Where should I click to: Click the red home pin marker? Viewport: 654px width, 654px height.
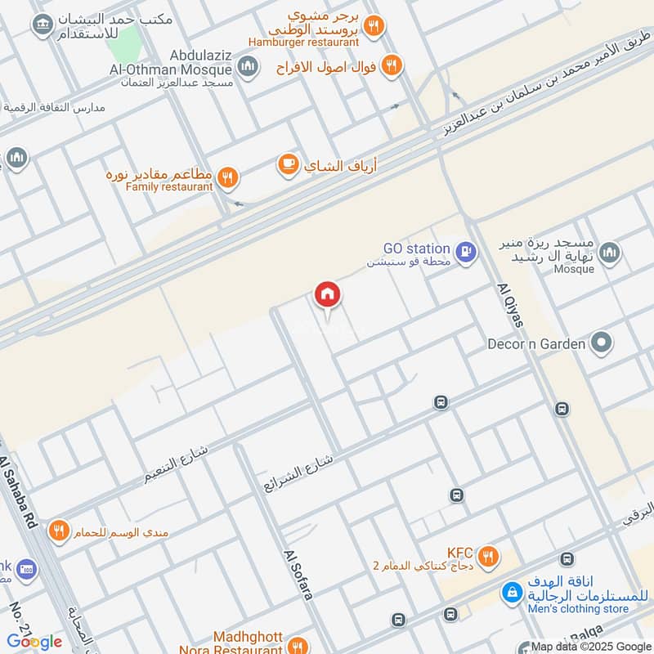point(328,295)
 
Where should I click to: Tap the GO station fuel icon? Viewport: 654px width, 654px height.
point(466,251)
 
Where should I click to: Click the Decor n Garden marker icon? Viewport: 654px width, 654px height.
point(602,343)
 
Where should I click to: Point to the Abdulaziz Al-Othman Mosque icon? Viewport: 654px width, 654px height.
point(249,66)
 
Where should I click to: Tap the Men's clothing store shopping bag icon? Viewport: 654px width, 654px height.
point(513,592)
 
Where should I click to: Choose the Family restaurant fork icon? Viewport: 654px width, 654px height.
point(228,176)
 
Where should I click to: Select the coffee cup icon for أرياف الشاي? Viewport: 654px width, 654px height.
point(288,165)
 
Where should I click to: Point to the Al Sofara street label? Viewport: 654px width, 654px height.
point(298,574)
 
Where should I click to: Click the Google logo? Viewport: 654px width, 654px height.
point(34,641)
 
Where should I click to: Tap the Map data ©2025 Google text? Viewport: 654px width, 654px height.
point(589,646)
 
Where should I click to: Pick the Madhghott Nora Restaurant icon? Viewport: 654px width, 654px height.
point(298,643)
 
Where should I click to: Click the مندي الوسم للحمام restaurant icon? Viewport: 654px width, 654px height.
point(57,531)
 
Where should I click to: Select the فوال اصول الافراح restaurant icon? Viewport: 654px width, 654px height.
point(392,65)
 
